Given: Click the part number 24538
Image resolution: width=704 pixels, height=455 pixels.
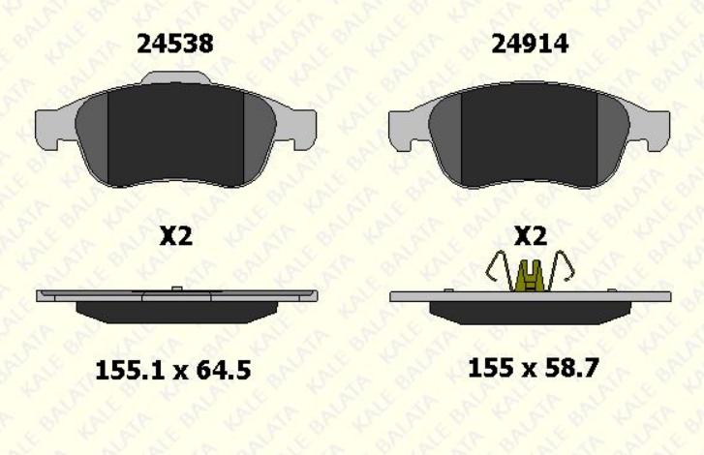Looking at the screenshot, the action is [x=175, y=44].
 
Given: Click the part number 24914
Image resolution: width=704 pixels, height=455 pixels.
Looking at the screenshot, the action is [x=530, y=44].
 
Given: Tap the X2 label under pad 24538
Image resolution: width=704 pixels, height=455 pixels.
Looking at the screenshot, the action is [x=176, y=236].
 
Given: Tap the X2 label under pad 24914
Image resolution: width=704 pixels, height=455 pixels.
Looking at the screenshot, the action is [x=531, y=236].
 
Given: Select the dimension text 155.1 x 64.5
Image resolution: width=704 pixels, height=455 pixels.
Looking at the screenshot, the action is [x=173, y=371].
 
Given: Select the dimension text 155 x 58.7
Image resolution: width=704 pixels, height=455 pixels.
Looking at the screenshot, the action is [x=534, y=369].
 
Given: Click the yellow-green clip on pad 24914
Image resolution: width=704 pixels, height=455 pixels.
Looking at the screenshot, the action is [x=531, y=276].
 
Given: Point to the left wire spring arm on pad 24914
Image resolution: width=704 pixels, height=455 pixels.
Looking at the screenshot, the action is [x=500, y=270].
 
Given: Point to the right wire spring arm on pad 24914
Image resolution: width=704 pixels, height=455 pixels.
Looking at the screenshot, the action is [x=561, y=270].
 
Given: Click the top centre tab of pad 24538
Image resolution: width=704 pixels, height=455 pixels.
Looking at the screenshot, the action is [x=175, y=77].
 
